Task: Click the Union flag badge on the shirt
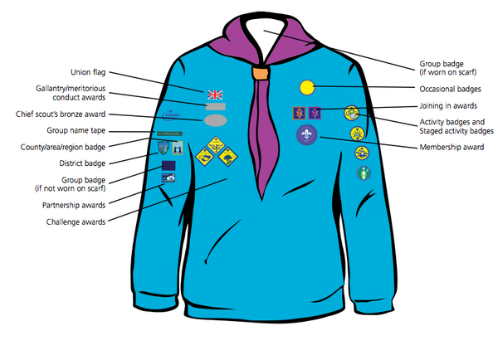point(215,94)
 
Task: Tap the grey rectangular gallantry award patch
point(215,106)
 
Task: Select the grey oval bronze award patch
point(215,120)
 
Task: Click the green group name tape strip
point(170,134)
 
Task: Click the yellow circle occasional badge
point(306,86)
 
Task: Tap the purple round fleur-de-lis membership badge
point(307,133)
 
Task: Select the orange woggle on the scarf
point(261,73)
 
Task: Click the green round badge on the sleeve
point(363,173)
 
